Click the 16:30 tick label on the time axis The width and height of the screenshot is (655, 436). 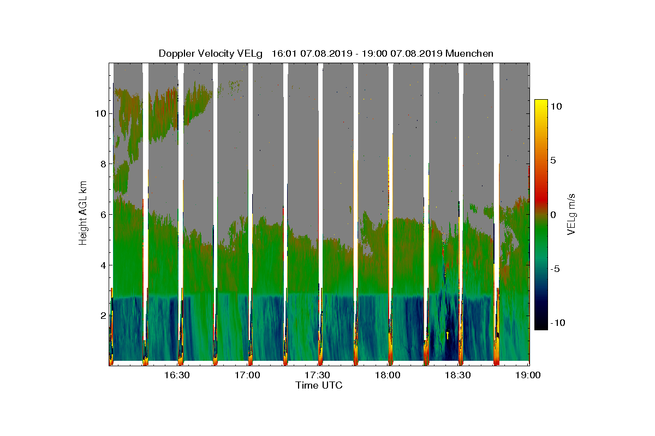click(176, 376)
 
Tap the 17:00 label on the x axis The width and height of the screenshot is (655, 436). click(247, 376)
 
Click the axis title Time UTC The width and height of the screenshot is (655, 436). click(319, 385)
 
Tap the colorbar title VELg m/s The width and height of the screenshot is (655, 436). click(571, 214)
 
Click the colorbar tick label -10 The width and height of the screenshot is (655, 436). click(558, 323)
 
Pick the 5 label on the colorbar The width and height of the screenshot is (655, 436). click(553, 161)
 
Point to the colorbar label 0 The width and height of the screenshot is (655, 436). click(553, 215)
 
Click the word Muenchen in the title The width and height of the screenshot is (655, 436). click(469, 53)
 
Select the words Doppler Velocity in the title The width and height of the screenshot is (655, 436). click(191, 53)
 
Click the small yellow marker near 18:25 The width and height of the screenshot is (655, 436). click(448, 335)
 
